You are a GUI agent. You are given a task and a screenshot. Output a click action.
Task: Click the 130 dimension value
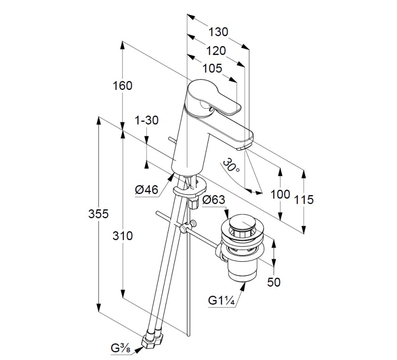(x=219, y=32)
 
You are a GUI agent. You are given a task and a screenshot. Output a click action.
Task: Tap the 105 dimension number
(x=212, y=69)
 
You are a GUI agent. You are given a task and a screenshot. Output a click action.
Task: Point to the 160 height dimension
(x=122, y=86)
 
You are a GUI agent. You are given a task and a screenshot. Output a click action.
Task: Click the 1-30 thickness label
(x=146, y=120)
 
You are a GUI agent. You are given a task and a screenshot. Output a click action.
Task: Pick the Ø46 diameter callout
(x=146, y=190)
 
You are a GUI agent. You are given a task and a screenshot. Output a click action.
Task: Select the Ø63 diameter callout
(x=213, y=200)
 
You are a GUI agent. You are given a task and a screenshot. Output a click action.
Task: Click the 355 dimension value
(x=99, y=214)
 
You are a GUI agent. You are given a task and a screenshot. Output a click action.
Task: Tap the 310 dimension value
(x=123, y=236)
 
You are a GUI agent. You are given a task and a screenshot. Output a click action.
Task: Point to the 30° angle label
(x=232, y=165)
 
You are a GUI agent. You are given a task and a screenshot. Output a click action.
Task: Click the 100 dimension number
(x=281, y=194)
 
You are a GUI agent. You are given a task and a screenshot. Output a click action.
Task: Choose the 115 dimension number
(x=304, y=200)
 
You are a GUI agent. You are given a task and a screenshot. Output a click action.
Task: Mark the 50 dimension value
(x=274, y=282)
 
